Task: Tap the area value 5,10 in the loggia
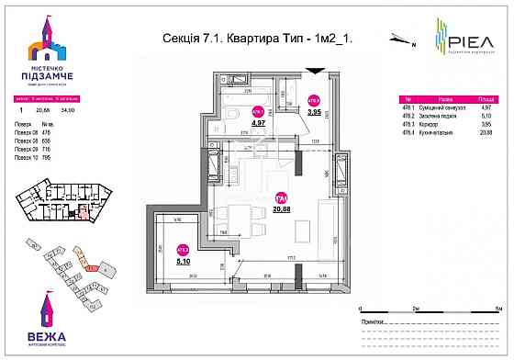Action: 183,260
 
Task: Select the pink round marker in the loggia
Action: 183,247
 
